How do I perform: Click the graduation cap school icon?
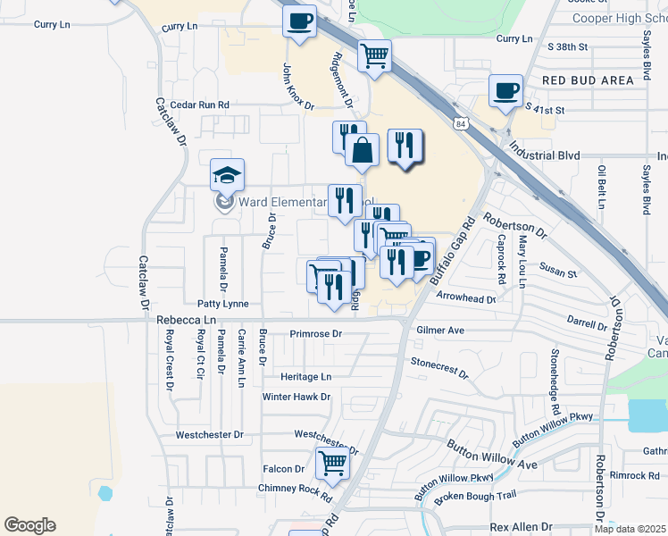227,174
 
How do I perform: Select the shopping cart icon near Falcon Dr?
332,463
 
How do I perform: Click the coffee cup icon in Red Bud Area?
505,89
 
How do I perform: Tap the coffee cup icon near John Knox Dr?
300,21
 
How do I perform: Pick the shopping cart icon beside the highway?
375,55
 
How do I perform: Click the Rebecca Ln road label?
186,319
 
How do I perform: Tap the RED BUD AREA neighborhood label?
588,80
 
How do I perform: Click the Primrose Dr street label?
316,334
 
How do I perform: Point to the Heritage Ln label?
305,377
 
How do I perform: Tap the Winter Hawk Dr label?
296,396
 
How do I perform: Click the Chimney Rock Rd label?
295,488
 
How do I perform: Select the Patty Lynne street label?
223,304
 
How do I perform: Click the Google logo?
29,525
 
